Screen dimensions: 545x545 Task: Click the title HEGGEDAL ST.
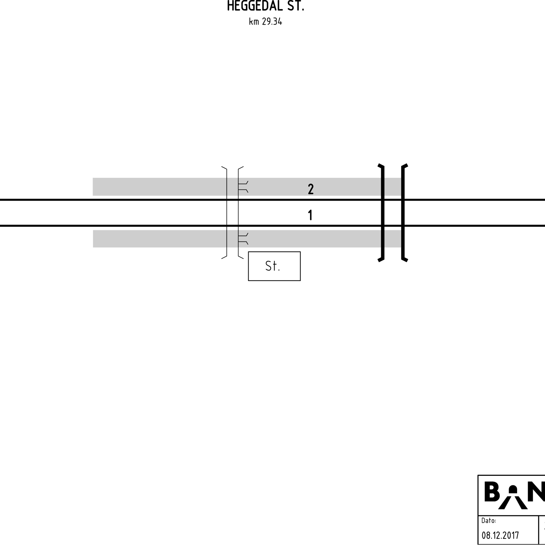pos(265,6)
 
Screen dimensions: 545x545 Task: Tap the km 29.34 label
pos(265,22)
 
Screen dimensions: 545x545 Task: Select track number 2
pos(311,189)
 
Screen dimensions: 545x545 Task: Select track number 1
pos(310,215)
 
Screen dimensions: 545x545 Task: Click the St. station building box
pos(274,266)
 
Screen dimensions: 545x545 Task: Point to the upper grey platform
pos(247,187)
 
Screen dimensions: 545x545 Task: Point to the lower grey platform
pos(247,238)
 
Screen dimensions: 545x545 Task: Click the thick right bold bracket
pos(403,213)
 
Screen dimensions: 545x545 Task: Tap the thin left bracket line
pos(227,213)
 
